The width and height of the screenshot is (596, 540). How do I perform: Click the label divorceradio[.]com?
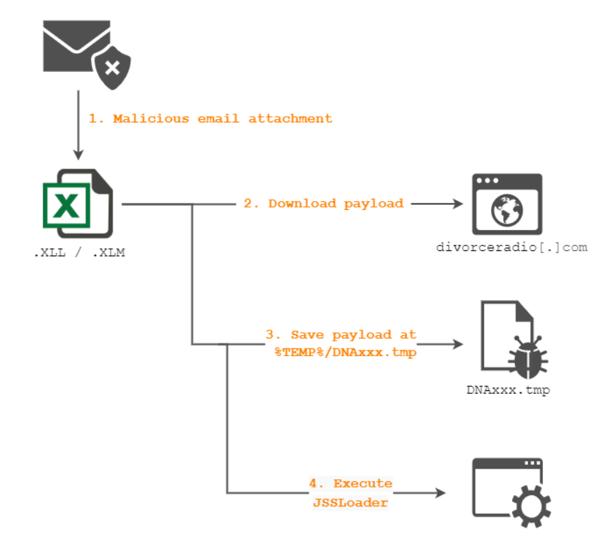coord(511,247)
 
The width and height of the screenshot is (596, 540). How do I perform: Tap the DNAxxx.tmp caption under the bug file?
coord(508,390)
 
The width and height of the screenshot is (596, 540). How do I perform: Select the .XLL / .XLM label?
coord(79,253)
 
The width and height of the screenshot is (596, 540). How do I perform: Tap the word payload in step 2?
coord(373,204)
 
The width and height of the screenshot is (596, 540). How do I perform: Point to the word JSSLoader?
coord(350,502)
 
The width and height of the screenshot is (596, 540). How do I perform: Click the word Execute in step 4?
coord(363,483)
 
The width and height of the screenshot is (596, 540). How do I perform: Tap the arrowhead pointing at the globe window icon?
coord(459,204)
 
